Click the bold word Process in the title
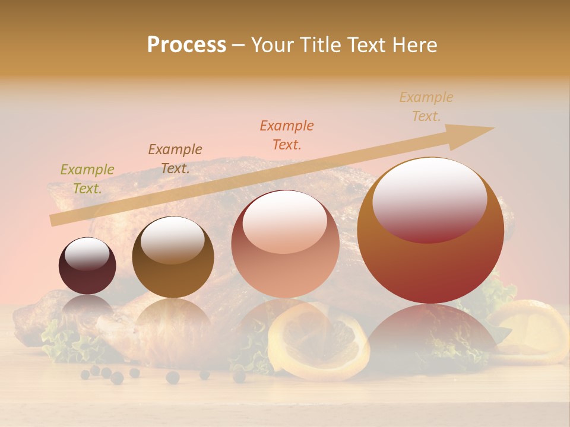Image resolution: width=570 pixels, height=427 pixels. coord(186,45)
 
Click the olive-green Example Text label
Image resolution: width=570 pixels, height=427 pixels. coord(87,179)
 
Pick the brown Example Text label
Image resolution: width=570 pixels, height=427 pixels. coord(175,159)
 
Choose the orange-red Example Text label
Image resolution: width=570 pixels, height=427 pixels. coord(287,135)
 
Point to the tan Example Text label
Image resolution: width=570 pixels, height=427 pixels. coord(426,107)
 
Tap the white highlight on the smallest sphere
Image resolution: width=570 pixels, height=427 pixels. coord(87,253)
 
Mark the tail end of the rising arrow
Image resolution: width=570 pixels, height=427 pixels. coord(55,219)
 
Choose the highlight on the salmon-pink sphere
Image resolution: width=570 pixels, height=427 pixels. coord(284,222)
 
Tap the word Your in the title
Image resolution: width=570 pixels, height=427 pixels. coord(270,45)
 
